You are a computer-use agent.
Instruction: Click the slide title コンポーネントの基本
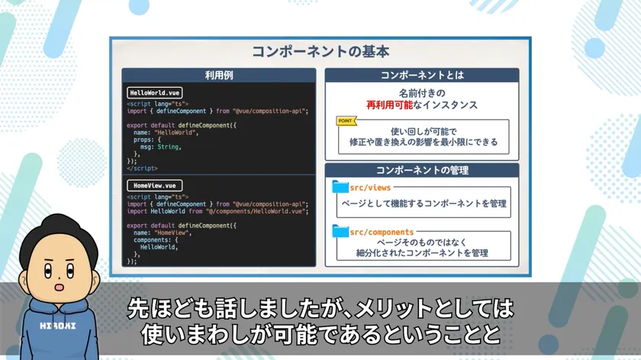pos(320,52)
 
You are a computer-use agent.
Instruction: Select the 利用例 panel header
pos(219,76)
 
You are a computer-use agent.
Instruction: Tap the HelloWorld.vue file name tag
pos(154,93)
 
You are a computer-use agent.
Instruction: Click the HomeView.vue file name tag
pos(154,185)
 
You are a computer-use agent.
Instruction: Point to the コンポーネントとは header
pos(422,76)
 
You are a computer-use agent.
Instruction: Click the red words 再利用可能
pos(389,105)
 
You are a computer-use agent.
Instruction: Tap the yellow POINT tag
pos(346,121)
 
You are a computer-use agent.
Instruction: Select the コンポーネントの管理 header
pos(422,170)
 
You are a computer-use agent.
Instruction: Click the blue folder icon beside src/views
pos(340,187)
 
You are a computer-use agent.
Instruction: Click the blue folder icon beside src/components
pos(340,231)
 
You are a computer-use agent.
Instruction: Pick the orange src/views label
pos(370,188)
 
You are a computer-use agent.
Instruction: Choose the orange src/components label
pos(382,232)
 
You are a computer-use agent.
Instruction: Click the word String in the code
pos(168,146)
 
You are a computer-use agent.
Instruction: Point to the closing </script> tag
pos(142,168)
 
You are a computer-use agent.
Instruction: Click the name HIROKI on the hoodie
pos(58,326)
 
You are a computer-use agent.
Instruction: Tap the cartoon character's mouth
pos(60,288)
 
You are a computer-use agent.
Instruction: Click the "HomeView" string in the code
pos(171,233)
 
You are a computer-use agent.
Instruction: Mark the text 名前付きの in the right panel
pos(422,93)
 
